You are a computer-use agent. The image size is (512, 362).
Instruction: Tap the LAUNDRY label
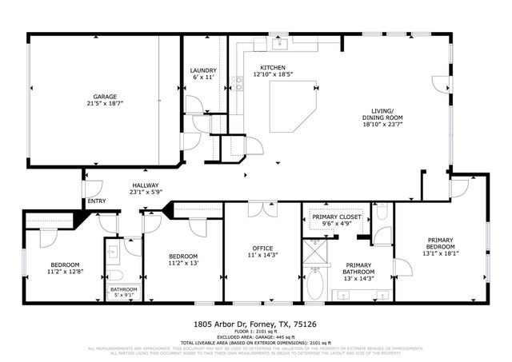coord(202,70)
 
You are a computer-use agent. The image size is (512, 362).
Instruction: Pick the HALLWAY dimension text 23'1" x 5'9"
coord(146,192)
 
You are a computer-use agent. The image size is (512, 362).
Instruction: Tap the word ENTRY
coord(96,201)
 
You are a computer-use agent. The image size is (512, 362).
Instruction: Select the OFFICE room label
coord(263,248)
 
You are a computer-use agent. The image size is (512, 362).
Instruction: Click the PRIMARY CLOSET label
coord(336,217)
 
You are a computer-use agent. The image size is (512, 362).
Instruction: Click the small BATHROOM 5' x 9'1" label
coord(123,289)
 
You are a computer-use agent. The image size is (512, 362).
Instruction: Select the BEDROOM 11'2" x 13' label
coord(182,258)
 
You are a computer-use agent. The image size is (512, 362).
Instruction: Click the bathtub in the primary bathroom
coord(315,283)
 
